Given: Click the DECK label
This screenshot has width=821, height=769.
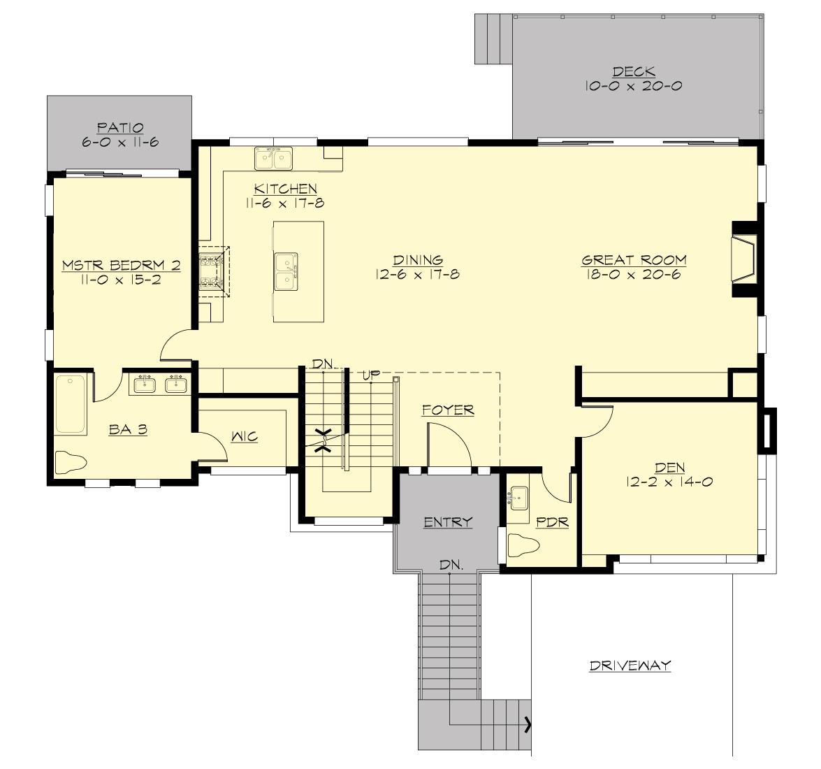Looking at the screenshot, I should coord(634,71).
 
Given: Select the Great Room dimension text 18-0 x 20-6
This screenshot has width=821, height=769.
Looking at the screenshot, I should coord(634,275).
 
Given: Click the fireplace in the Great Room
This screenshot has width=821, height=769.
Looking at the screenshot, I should coord(744,260).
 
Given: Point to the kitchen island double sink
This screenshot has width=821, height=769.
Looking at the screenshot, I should coord(285,271).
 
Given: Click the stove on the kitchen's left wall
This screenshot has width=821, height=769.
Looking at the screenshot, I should coord(210,272).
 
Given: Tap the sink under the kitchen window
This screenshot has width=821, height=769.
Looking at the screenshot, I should coord(273,159).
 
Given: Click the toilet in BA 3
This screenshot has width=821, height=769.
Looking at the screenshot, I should coord(70,461).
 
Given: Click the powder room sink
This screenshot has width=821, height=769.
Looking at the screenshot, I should coord(519,498).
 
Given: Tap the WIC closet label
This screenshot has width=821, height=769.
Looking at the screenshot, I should coord(245,437).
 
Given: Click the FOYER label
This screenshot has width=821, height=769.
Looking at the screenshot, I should coord(448,410).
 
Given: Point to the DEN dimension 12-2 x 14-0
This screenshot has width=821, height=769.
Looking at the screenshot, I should coord(669,482).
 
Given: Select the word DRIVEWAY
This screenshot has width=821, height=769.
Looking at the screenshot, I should coord(630,666).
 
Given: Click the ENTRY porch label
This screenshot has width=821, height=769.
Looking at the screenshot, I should coord(448,522).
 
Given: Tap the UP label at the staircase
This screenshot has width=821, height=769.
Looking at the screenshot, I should coord(370,375).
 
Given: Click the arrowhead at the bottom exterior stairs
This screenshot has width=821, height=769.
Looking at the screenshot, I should coord(528,724).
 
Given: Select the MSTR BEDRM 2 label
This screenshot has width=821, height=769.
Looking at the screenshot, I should coord(121,265).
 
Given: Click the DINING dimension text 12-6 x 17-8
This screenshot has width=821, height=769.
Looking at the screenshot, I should coord(417,275).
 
